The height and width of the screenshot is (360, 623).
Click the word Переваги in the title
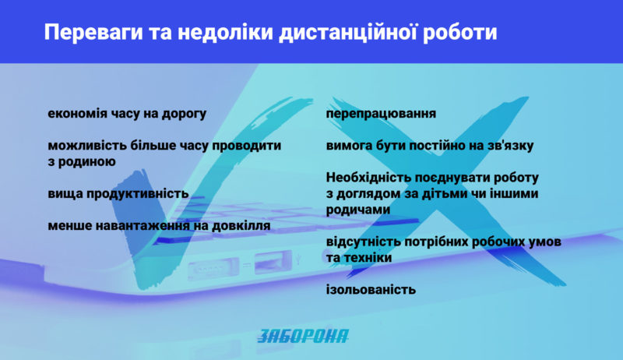click(x=93, y=33)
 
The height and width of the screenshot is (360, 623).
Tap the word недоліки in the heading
click(x=225, y=33)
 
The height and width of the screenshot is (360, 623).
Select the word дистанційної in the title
click(x=348, y=33)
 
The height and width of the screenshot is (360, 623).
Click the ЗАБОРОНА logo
click(x=303, y=336)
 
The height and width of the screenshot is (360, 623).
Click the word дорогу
click(x=184, y=115)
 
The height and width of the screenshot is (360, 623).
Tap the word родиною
click(x=87, y=162)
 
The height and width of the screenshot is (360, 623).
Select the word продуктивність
click(x=138, y=194)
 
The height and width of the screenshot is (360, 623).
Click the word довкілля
click(x=241, y=226)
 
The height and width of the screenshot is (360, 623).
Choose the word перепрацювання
click(x=381, y=115)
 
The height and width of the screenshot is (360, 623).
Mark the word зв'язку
click(x=510, y=146)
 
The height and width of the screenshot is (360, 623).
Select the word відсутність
click(x=366, y=242)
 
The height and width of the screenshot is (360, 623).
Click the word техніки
click(x=368, y=258)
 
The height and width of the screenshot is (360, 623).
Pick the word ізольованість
click(x=371, y=290)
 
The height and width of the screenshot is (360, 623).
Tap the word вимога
click(x=345, y=146)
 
